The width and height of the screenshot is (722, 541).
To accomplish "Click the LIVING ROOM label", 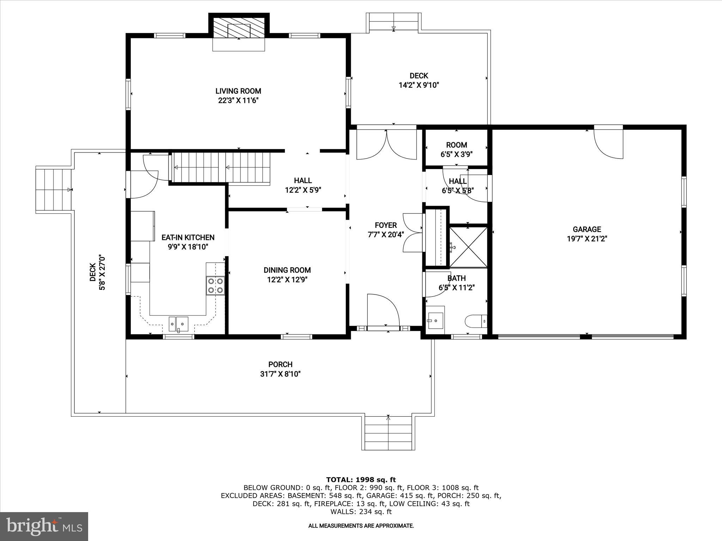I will [238, 91].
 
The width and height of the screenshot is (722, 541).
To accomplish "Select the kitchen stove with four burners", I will [215, 285].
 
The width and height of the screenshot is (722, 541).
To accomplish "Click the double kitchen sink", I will [178, 323].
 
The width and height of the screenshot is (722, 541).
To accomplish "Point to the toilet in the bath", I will [476, 321].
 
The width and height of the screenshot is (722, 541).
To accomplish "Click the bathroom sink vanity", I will [435, 320].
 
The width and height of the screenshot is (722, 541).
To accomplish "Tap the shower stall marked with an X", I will [469, 247].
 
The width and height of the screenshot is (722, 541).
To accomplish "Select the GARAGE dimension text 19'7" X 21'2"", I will [587, 239].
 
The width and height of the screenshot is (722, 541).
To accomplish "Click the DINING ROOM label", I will [287, 270].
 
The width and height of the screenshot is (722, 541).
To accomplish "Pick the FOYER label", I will [386, 225].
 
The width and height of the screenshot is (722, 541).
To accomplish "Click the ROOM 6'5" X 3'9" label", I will [456, 149].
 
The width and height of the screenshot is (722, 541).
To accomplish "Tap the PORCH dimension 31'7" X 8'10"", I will [280, 374].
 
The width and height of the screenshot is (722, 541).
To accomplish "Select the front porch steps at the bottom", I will [388, 433].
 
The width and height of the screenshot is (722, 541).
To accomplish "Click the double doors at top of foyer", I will [387, 144].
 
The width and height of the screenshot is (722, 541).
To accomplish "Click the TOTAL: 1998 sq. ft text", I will [361, 480].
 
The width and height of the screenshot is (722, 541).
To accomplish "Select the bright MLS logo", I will [44, 526].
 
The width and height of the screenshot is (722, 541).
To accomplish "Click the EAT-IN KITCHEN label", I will [188, 237].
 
